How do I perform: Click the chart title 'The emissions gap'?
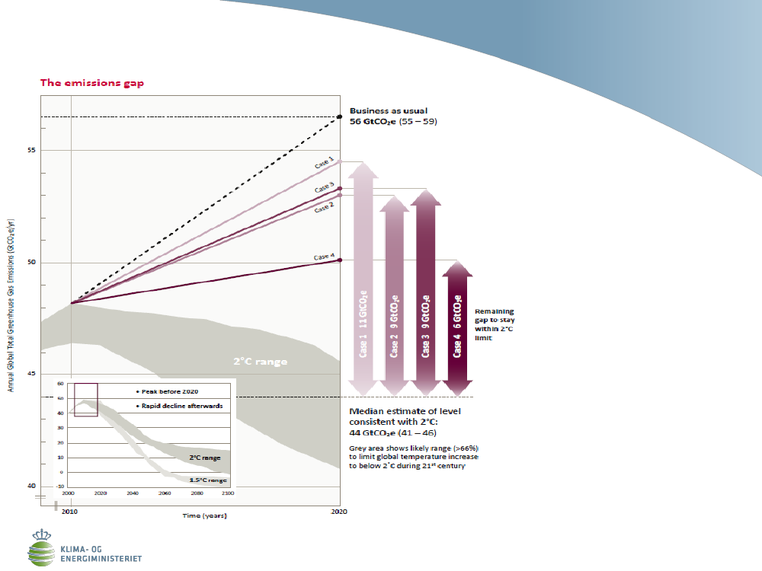coord(92,83)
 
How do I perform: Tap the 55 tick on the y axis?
coord(32,151)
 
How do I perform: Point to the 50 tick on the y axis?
coord(32,263)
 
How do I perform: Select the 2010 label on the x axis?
coord(70,512)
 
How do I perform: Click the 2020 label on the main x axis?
coord(339,512)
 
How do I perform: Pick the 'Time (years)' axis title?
coord(204,515)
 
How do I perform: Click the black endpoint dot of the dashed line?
coord(340,116)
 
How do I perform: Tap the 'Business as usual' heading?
coord(389,110)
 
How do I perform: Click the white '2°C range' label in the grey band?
coord(260,362)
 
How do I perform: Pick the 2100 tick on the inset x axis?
coord(229,493)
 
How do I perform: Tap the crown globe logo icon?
coord(41,545)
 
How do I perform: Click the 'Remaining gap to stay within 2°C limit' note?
coord(494,324)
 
